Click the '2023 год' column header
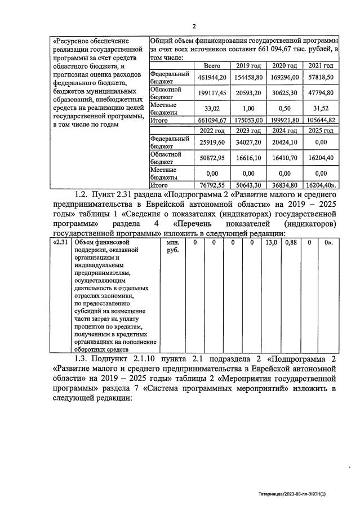(x=248, y=131)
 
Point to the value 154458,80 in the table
(x=248, y=77)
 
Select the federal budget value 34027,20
(x=248, y=142)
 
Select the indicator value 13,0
(x=271, y=242)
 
